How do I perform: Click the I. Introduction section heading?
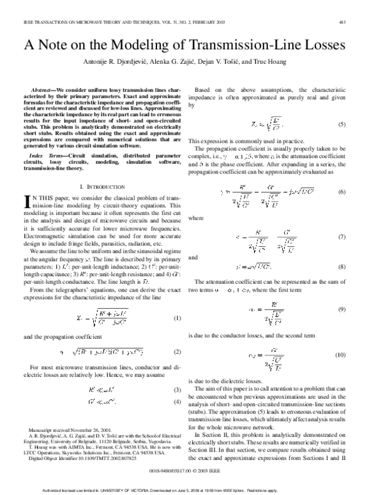point(102,186)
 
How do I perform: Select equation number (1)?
point(177,318)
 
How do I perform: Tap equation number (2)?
point(177,351)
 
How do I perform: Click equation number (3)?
point(177,390)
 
